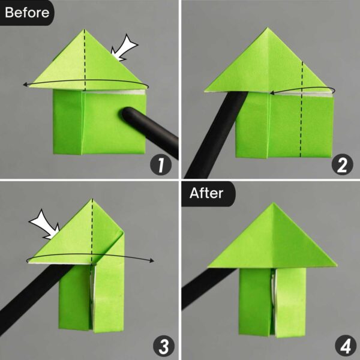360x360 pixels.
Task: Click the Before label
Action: click(27, 12)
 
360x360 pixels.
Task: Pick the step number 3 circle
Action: click(160, 345)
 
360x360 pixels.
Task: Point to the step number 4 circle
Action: click(341, 345)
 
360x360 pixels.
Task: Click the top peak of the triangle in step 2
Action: click(266, 28)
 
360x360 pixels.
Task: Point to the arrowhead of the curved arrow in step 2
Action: click(272, 93)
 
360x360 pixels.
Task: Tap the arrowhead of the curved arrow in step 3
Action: click(154, 260)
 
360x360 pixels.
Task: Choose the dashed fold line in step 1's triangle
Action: click(85, 57)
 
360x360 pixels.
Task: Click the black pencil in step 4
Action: click(207, 288)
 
